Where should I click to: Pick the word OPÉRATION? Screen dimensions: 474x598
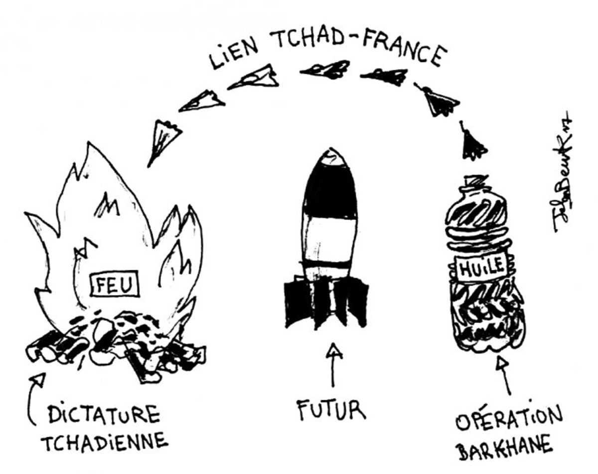click(508, 418)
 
